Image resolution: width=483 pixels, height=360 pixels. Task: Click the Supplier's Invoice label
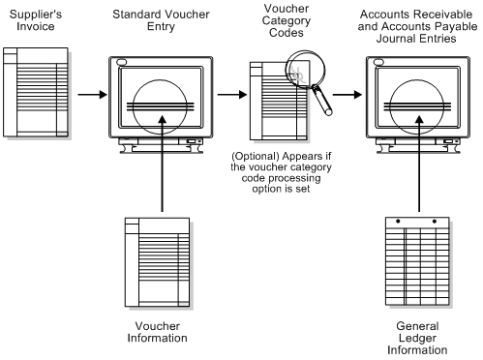[x=36, y=20]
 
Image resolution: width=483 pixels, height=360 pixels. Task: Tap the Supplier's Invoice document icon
[x=37, y=93]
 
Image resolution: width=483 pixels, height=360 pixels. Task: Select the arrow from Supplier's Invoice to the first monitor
[x=92, y=95]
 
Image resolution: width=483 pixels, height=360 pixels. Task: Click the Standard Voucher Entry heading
[x=161, y=20]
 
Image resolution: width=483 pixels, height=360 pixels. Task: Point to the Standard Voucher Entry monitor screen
[x=161, y=98]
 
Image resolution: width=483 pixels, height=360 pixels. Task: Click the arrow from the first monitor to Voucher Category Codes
[x=232, y=95]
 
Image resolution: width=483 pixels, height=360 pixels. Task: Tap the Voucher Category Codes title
[x=287, y=20]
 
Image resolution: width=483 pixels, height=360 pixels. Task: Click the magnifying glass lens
[x=305, y=70]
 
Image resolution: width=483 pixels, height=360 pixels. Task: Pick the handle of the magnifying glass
[x=322, y=100]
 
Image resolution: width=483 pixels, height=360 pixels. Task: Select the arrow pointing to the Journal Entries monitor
[x=347, y=95]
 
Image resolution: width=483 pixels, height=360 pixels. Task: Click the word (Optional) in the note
[x=256, y=157]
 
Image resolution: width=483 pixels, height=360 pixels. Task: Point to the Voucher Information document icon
[x=159, y=263]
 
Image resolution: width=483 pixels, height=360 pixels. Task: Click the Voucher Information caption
[x=158, y=332]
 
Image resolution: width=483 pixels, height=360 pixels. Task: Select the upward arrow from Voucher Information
[x=163, y=164]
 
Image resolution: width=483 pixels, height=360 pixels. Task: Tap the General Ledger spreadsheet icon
[x=419, y=262]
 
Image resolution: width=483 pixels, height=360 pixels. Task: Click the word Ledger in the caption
[x=417, y=338]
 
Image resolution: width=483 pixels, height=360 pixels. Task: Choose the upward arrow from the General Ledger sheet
[x=419, y=164]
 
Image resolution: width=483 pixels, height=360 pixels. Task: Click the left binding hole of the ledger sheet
[x=398, y=222]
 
